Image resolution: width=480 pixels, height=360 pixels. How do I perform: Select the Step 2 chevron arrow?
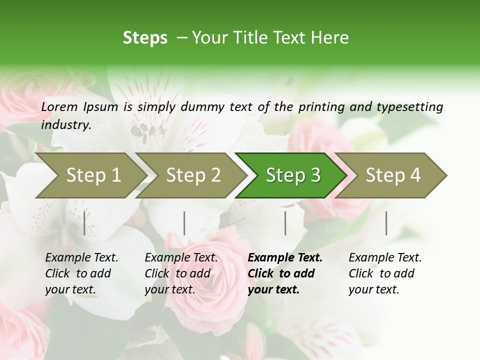193,175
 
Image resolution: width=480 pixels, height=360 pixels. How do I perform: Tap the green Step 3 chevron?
293,175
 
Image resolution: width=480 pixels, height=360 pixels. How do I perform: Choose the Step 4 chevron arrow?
393,175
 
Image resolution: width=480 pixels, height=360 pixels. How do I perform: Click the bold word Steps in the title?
145,38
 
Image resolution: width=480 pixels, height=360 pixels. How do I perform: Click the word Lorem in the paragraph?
59,106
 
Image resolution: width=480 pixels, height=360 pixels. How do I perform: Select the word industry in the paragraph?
65,125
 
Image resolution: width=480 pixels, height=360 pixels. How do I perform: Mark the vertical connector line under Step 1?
84,223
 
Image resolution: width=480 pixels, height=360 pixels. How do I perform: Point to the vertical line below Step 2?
184,223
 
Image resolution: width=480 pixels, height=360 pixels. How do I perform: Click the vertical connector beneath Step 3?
285,223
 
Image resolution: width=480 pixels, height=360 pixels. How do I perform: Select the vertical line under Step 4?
386,223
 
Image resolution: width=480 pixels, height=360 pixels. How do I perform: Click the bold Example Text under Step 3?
285,258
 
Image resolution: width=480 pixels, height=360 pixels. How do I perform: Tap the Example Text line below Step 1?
81,258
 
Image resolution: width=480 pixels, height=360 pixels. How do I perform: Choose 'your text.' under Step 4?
374,289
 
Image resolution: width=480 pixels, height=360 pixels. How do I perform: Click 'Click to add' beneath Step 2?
177,273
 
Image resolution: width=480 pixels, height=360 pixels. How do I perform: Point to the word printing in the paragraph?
321,106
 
